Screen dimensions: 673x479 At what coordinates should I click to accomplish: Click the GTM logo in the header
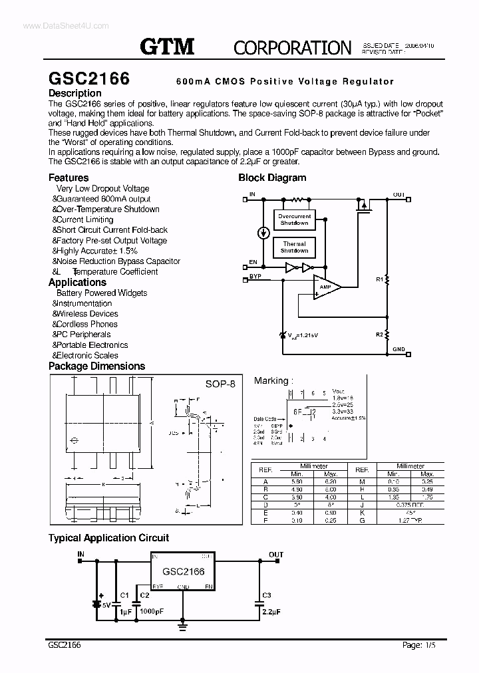click(167, 46)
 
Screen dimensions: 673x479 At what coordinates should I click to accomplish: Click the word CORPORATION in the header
click(292, 47)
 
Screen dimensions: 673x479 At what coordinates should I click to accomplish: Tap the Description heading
click(75, 94)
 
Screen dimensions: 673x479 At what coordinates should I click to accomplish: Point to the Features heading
click(69, 178)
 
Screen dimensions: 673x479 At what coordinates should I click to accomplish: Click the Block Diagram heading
click(272, 178)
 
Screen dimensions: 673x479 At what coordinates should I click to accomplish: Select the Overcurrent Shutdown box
click(294, 219)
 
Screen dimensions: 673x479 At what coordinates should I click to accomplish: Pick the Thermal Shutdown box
click(294, 247)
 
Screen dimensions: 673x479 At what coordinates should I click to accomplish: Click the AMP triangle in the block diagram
click(326, 287)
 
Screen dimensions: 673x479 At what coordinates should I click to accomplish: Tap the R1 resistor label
click(380, 280)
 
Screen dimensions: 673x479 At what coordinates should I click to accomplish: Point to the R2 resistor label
click(379, 334)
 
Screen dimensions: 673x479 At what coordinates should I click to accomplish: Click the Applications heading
click(77, 282)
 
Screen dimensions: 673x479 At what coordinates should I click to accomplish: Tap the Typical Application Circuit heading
click(108, 537)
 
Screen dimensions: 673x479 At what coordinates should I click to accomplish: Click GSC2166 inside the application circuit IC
click(183, 571)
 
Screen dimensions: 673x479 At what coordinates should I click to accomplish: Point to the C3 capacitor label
click(266, 595)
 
